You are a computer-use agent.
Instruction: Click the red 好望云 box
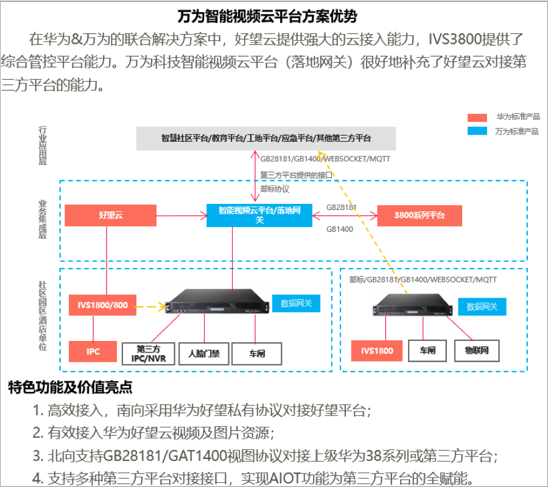(110, 215)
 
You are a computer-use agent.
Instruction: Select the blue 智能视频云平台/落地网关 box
(259, 215)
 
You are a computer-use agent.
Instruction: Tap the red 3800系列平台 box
(420, 215)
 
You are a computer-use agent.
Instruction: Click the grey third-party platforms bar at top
(265, 138)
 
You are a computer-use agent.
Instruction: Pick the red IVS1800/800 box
(102, 305)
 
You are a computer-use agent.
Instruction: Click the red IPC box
(93, 351)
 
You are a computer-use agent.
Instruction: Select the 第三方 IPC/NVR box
(149, 353)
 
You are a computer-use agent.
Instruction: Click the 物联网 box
(477, 351)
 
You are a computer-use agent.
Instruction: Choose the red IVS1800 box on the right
(377, 351)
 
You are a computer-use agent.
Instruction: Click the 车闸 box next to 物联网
(427, 351)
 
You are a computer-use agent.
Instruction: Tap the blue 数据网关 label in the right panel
(482, 307)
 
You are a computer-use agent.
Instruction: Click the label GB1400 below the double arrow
(340, 229)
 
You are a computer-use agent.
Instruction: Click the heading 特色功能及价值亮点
(70, 387)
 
